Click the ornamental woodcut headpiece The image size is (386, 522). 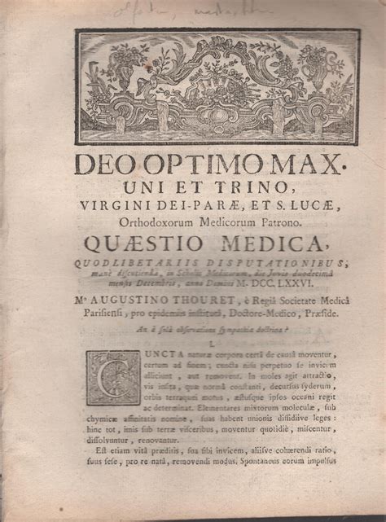pyautogui.click(x=217, y=87)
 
